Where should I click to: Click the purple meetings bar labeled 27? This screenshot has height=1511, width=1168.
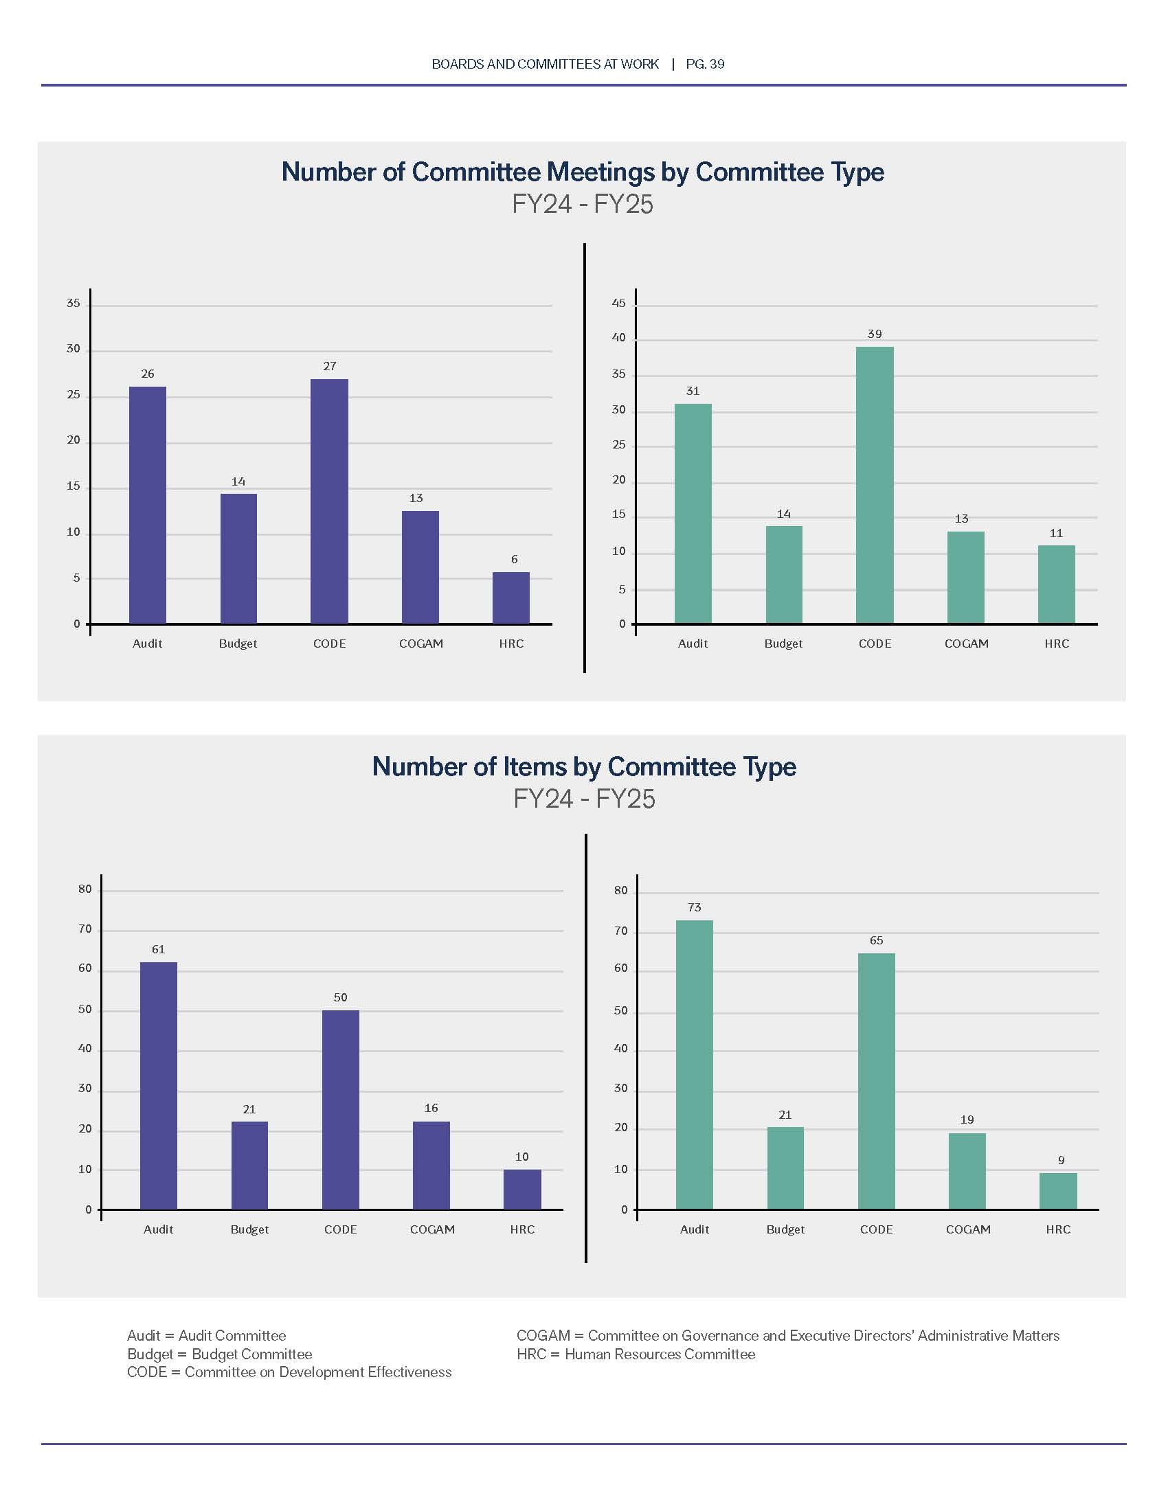(329, 501)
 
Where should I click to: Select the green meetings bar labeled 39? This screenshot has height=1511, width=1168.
(875, 485)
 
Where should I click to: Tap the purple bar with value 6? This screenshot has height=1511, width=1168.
(510, 598)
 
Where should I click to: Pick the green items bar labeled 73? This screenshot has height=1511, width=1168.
(694, 1065)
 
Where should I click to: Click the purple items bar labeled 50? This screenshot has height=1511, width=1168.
(340, 1110)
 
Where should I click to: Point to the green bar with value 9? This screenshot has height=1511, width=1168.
(1058, 1192)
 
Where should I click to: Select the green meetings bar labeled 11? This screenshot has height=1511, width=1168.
(1057, 584)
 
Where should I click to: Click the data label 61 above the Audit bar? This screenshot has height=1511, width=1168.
(159, 949)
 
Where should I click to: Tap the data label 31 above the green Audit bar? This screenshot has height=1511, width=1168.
(693, 391)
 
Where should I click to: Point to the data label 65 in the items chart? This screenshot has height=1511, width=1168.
(876, 940)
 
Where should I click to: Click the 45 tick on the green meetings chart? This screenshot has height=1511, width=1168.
(618, 303)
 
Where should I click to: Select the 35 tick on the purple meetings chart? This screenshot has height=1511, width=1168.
(74, 303)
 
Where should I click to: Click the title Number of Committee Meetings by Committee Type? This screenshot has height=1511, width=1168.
(583, 172)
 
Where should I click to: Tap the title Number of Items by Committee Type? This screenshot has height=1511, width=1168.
(584, 766)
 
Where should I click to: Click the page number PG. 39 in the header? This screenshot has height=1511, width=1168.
(705, 65)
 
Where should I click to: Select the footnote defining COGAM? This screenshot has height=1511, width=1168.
(787, 1335)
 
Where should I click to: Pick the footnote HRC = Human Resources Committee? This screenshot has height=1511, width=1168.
(636, 1354)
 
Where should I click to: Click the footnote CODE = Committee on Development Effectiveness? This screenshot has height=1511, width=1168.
(289, 1372)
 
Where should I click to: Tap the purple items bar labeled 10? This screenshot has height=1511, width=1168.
(521, 1190)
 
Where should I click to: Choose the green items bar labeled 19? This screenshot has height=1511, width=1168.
(967, 1171)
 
